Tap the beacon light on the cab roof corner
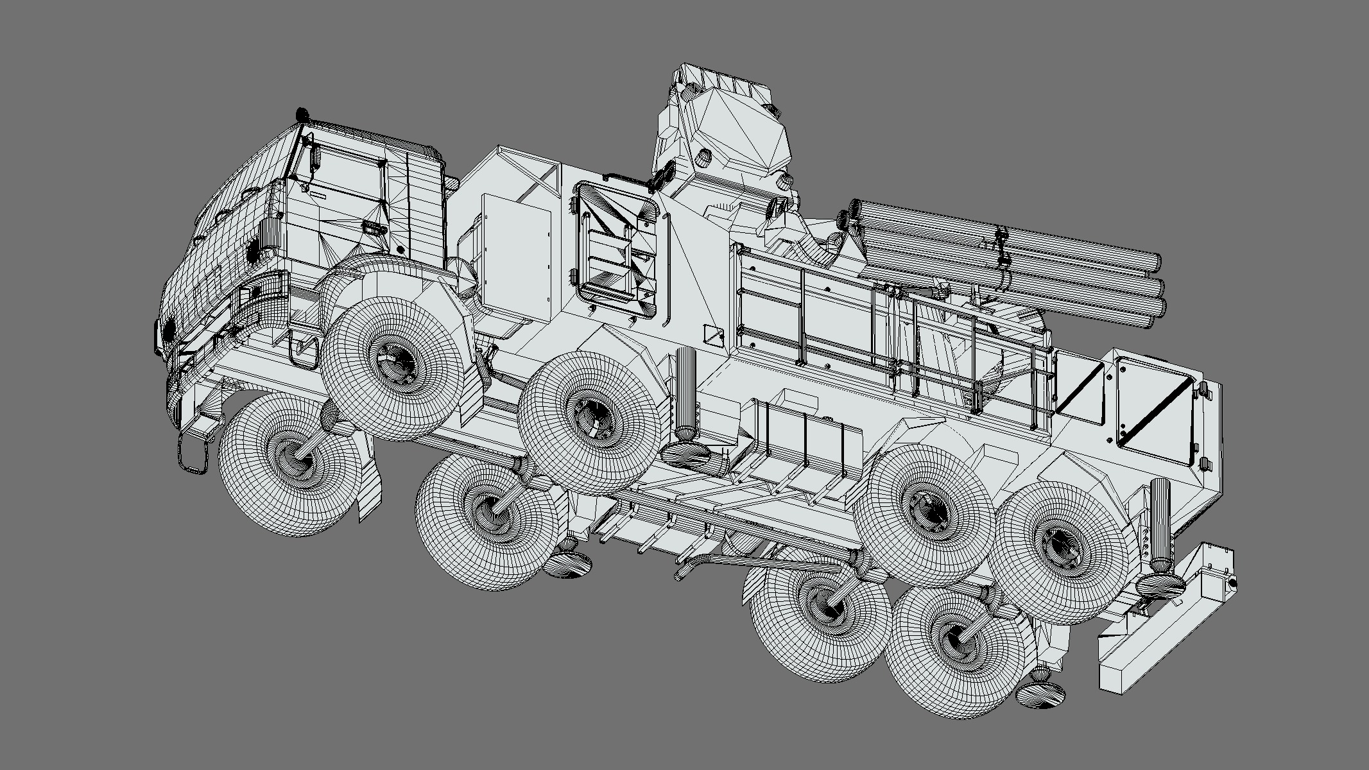tap(302, 114)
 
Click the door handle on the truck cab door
tap(372, 227)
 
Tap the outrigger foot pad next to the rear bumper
tap(1160, 585)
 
